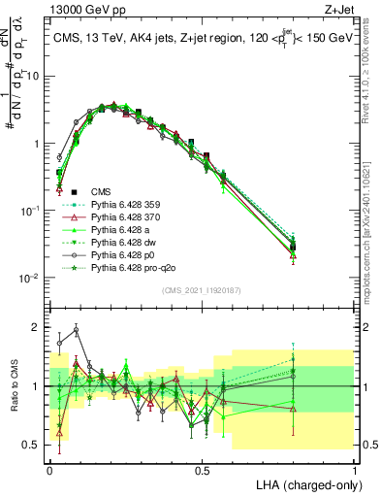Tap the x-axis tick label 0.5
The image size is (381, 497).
click(202, 469)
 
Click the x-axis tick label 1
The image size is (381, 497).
click(354, 469)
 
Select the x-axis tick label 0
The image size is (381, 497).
click(49, 469)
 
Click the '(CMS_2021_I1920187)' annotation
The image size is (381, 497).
click(202, 289)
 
